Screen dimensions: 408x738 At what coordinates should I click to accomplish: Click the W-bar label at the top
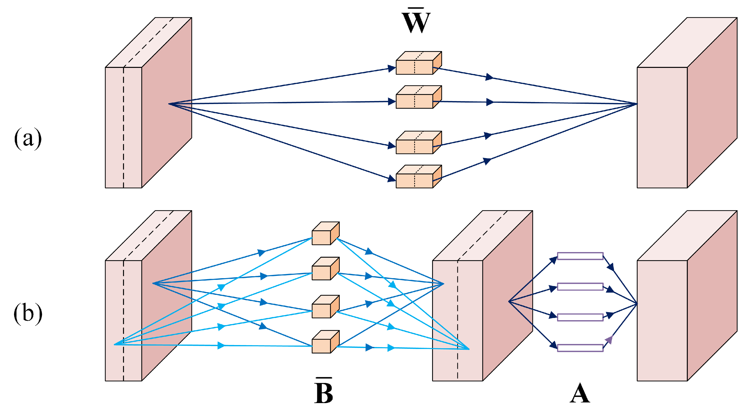(x=416, y=21)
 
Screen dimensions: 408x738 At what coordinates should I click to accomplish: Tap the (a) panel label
(x=28, y=139)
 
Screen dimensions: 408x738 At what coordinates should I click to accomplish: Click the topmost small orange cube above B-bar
(x=325, y=234)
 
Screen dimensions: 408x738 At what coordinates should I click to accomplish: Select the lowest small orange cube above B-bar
(x=325, y=342)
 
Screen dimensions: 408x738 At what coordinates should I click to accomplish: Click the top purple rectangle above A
(x=580, y=256)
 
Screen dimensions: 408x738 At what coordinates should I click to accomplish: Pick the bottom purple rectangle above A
(x=580, y=348)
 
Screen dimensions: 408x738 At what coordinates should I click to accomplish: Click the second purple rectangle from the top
(x=580, y=287)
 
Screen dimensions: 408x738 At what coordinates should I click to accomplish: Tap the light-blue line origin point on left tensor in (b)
(x=115, y=345)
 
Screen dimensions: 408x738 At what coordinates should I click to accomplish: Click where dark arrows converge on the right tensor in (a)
(x=637, y=104)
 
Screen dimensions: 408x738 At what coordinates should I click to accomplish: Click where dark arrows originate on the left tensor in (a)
(x=169, y=104)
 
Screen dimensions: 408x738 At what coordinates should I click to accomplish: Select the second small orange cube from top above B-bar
(x=325, y=269)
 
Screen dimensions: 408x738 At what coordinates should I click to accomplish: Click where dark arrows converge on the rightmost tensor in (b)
(x=637, y=303)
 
